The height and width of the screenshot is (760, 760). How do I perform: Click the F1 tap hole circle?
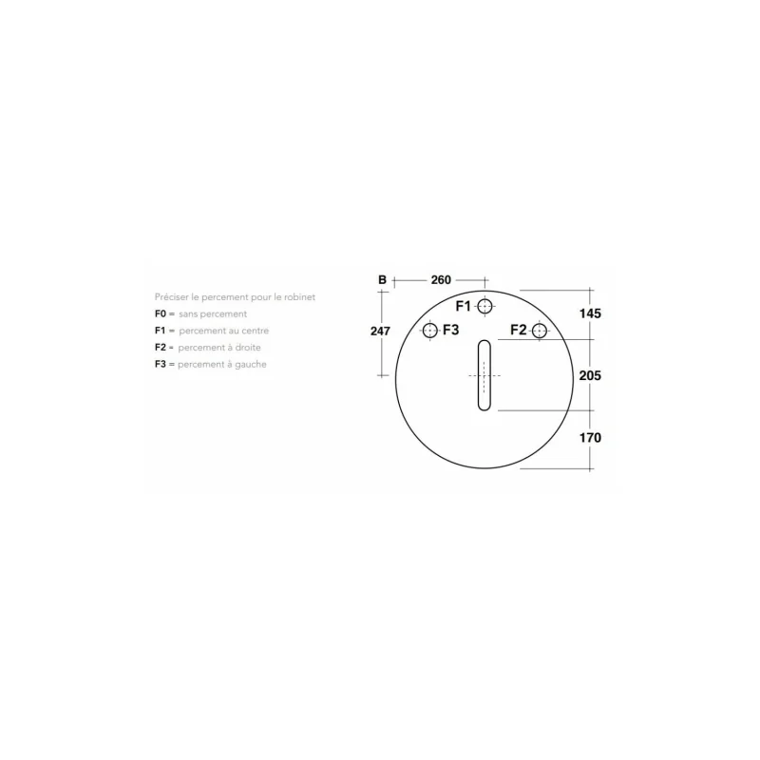click(485, 306)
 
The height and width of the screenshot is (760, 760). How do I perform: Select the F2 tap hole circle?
click(540, 331)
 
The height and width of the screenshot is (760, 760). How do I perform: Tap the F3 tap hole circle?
click(429, 331)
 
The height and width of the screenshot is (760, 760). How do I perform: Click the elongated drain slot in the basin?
click(484, 375)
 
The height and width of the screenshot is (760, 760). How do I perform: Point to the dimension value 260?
click(441, 280)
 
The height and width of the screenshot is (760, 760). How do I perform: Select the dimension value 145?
click(590, 313)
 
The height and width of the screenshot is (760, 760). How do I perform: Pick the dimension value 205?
click(590, 375)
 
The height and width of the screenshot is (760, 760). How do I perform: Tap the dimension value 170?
click(590, 438)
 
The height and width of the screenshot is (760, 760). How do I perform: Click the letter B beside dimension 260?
click(382, 280)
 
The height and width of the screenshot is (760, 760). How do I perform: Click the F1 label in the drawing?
click(464, 306)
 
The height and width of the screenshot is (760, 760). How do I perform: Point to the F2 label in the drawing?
click(519, 331)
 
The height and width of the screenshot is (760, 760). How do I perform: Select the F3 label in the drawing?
click(450, 331)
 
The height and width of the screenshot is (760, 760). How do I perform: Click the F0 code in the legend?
click(161, 313)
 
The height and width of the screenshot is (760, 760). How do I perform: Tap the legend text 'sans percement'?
click(213, 313)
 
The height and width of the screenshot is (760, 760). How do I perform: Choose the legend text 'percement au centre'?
click(224, 331)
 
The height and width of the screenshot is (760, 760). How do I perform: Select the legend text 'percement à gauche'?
click(223, 365)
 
